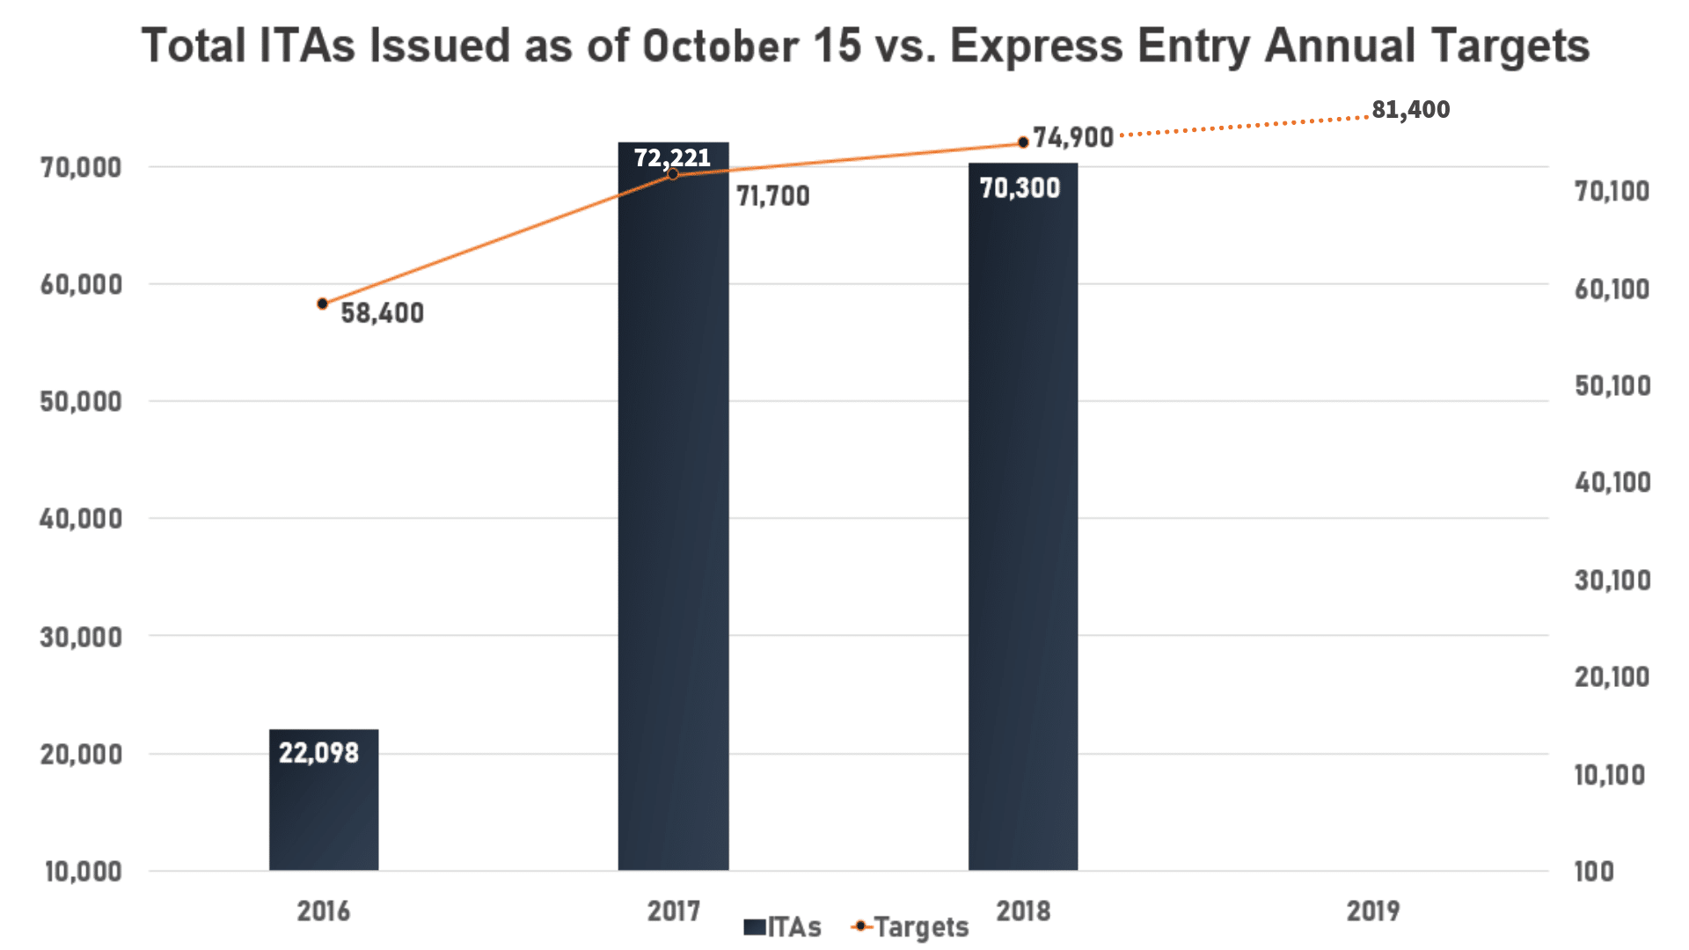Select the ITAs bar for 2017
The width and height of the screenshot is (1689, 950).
pos(673,528)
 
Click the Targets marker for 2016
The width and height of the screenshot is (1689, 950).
pos(323,303)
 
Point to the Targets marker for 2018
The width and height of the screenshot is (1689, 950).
pos(1023,142)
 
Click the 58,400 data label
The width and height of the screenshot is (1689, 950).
pos(382,313)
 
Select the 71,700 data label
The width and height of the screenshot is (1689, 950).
pos(772,196)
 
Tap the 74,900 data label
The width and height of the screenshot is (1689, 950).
pos(1072,137)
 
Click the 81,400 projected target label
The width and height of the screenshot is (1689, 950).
pos(1410,109)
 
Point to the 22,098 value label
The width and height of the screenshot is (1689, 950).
pos(318,753)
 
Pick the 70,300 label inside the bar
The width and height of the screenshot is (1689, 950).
pos(1020,187)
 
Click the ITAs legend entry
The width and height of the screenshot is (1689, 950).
pos(783,927)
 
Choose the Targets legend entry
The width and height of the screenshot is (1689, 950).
pos(910,927)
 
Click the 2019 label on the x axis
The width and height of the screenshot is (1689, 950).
pos(1372,910)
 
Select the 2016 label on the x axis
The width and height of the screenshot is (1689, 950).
pos(323,910)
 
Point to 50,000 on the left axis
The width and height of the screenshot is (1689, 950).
pos(81,401)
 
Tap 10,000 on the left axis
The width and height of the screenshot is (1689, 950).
pos(84,871)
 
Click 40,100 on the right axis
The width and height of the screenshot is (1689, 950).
pos(1612,482)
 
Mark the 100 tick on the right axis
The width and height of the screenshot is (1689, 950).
pos(1594,871)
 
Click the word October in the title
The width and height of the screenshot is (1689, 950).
pos(720,46)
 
